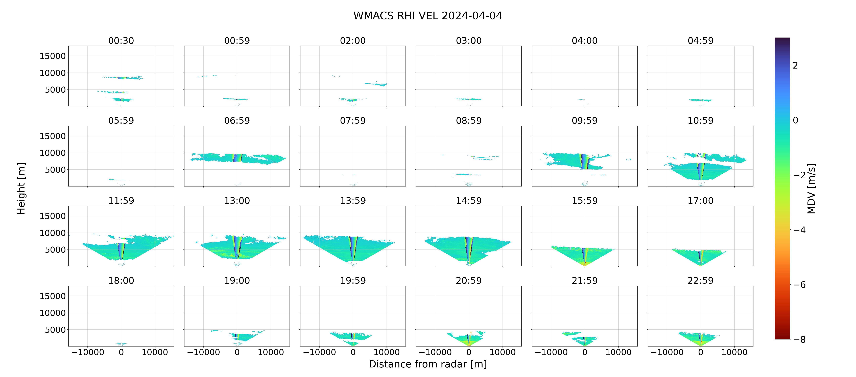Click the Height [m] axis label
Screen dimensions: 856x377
[x=21, y=189]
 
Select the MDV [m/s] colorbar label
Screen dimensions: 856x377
[x=811, y=189]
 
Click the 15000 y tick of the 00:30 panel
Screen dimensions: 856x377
[x=53, y=56]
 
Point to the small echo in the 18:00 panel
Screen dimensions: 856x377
[x=121, y=344]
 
